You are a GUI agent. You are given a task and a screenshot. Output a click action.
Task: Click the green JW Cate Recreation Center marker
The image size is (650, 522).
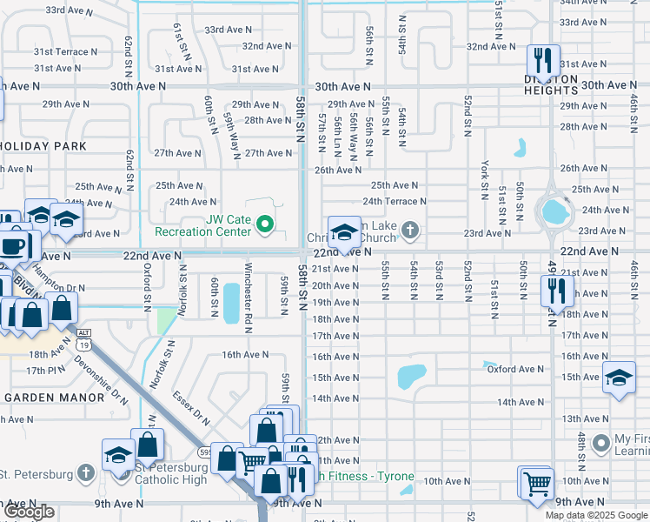pos(266,229)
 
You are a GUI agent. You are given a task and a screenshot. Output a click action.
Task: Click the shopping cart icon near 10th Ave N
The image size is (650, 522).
pos(536,482)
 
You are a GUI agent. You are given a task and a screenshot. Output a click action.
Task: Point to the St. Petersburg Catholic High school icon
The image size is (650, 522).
pos(118,456)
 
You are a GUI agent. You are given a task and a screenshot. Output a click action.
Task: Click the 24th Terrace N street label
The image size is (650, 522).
pos(394,201)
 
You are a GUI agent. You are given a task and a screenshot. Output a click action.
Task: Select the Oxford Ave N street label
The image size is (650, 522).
pos(514,369)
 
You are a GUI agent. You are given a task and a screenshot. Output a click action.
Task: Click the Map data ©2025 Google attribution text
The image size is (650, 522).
pos(596,515)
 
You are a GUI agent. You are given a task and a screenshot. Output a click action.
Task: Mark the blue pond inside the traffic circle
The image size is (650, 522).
pos(554,211)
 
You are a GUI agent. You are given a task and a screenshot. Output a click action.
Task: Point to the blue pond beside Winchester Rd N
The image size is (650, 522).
pos(231,302)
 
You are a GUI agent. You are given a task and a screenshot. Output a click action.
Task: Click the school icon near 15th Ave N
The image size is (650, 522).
pos(619,378)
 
